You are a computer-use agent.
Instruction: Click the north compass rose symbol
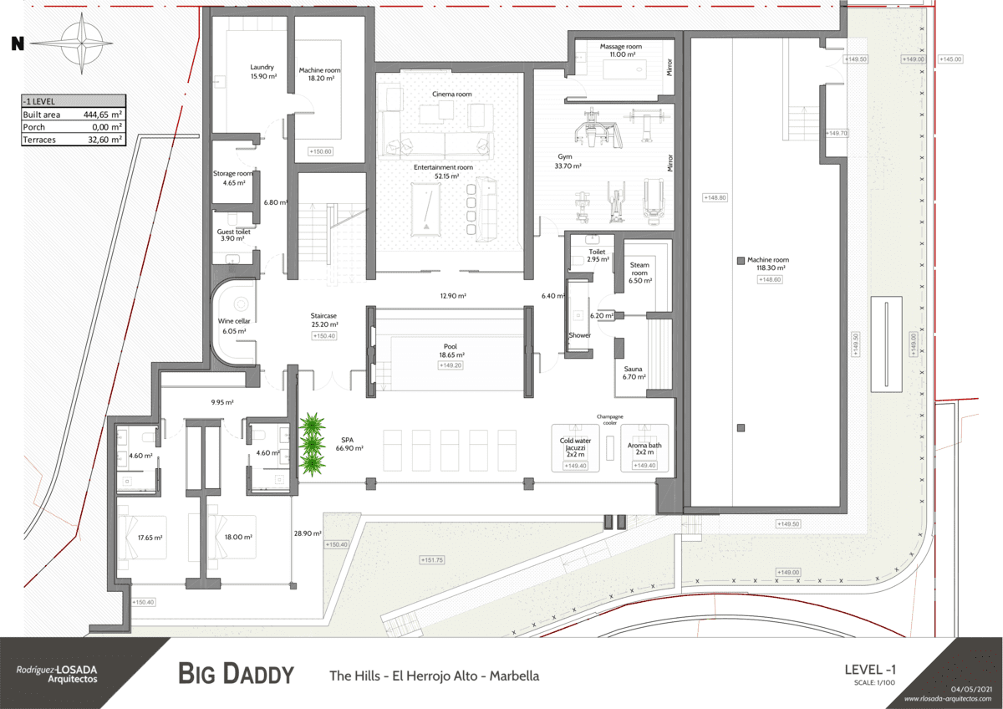[82, 43]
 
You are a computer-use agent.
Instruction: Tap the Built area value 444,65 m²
[103, 115]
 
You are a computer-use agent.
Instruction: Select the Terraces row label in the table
[39, 140]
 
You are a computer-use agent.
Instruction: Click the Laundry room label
[262, 67]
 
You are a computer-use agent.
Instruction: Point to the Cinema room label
[451, 94]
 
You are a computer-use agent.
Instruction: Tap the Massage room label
[621, 46]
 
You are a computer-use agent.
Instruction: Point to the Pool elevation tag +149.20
[451, 365]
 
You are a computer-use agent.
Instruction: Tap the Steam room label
[639, 269]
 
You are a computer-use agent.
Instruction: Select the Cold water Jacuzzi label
[575, 446]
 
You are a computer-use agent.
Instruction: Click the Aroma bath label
[644, 446]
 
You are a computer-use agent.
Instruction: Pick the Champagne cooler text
[610, 419]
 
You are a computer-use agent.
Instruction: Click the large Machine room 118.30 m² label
[767, 260]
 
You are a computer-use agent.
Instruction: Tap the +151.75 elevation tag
[432, 560]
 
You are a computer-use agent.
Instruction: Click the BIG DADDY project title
[237, 674]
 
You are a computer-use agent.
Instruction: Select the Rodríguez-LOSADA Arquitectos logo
[57, 674]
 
